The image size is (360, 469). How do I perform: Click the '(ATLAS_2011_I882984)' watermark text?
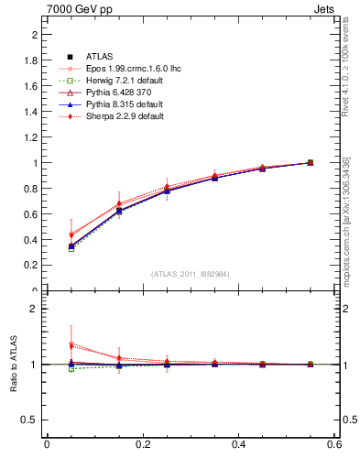tap(191, 274)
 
